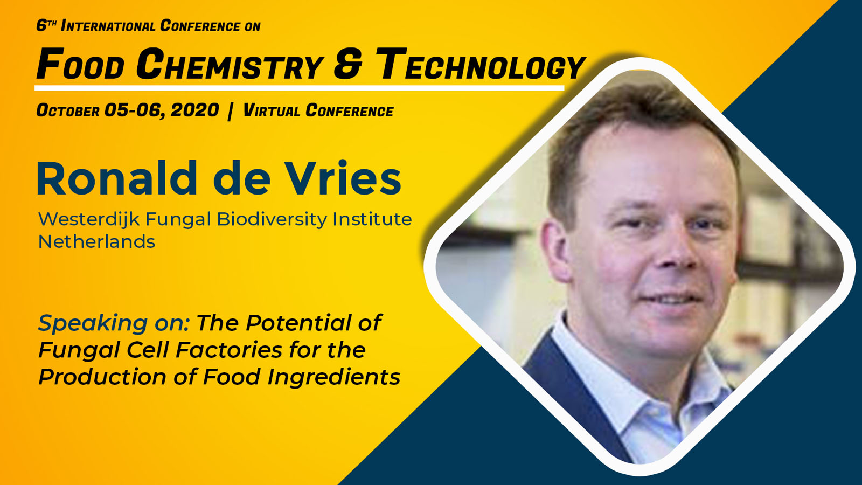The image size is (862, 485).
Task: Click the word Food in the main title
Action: [x=80, y=64]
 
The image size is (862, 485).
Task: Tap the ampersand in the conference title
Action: [x=348, y=64]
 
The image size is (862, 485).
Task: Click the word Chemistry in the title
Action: [x=230, y=64]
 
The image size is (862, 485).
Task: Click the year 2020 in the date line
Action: [x=194, y=110]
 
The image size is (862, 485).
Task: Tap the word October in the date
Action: [x=68, y=110]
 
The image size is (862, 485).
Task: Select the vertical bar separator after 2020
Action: [x=231, y=111]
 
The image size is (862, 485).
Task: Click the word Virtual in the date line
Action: [x=272, y=110]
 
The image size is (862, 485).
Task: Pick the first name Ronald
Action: [x=117, y=178]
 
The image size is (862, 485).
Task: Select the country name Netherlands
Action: [x=96, y=242]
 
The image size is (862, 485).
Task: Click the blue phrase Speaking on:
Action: [x=114, y=323]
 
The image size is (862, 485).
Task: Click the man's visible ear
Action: [x=554, y=250]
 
